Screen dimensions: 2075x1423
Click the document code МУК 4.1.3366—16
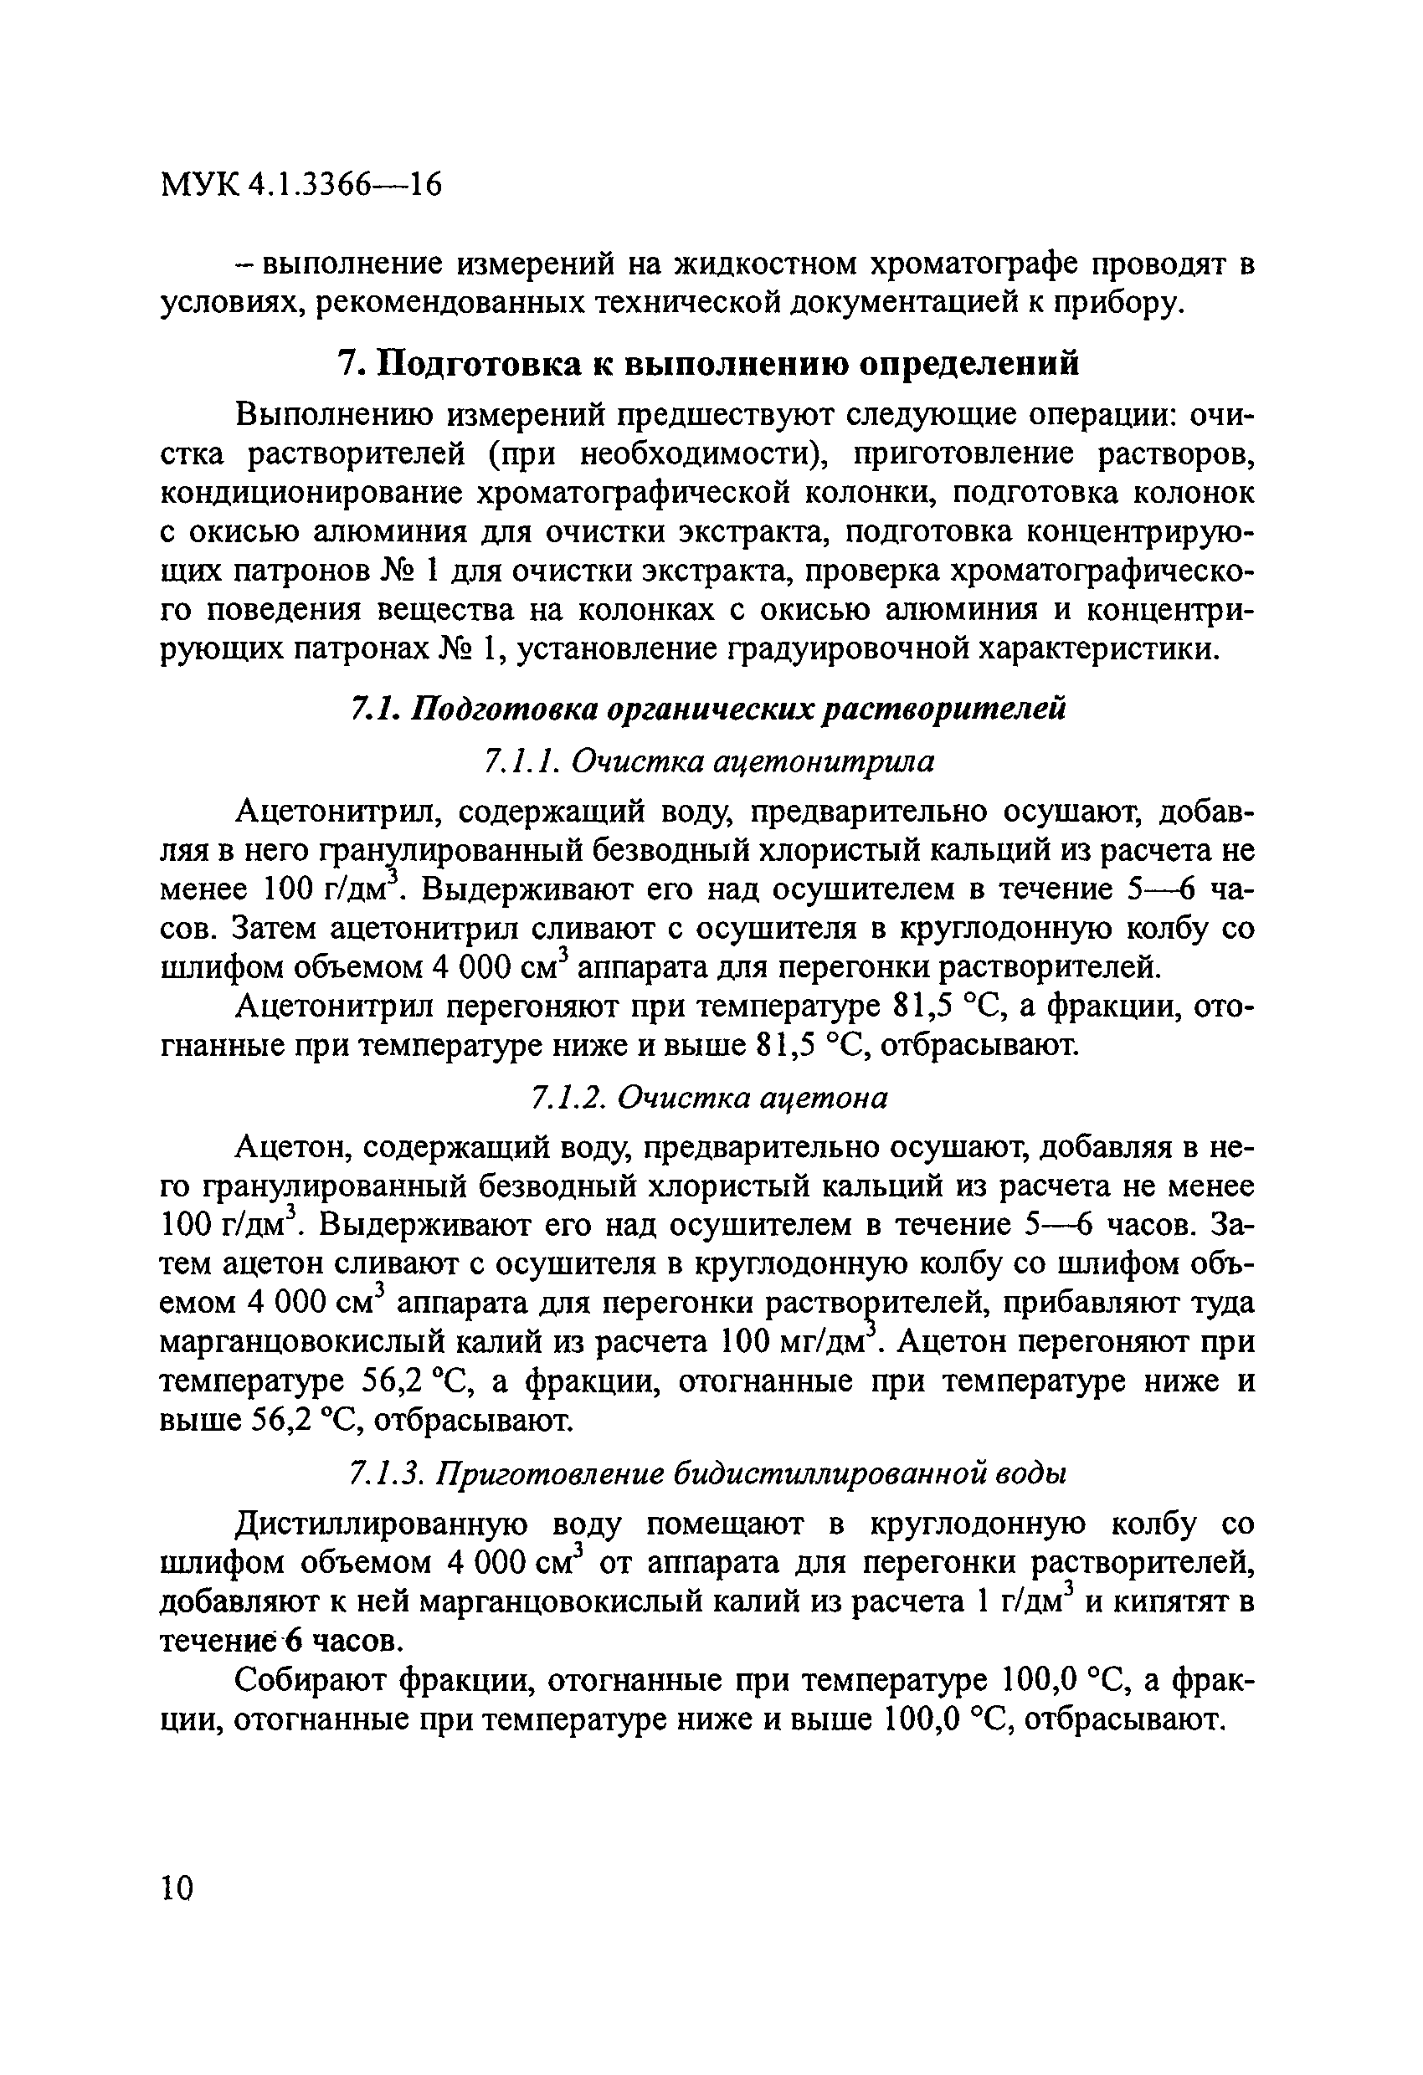point(301,185)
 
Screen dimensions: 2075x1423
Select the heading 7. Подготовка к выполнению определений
point(707,362)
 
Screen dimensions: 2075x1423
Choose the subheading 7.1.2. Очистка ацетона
point(708,1096)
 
